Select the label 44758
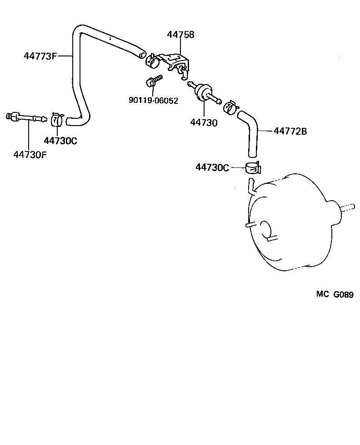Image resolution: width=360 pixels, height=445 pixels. [x=180, y=35]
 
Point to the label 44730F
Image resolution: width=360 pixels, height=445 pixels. [x=30, y=154]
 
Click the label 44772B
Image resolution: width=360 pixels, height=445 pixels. [x=290, y=131]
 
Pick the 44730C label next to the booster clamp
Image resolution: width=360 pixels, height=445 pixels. [x=212, y=167]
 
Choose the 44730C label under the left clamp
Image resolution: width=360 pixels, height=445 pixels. [x=60, y=141]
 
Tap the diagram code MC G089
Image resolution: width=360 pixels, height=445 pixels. [x=335, y=294]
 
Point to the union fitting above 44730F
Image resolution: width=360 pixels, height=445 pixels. [x=26, y=118]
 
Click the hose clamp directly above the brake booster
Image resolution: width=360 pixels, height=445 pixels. [x=253, y=168]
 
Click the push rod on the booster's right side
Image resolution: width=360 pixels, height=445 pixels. [x=347, y=207]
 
